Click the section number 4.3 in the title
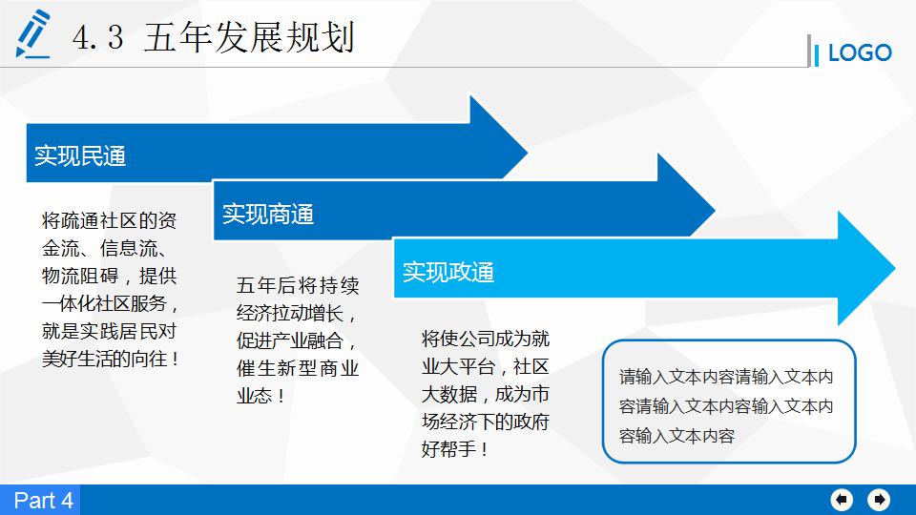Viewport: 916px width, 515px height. click(97, 38)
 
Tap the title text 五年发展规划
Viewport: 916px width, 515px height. click(249, 38)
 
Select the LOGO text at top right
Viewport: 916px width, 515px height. click(859, 53)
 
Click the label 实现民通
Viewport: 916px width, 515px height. click(80, 155)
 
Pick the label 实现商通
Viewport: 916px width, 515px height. click(268, 214)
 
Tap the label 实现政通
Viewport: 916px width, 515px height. click(448, 273)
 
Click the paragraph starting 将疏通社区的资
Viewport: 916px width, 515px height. click(111, 290)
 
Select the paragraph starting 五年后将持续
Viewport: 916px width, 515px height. click(298, 340)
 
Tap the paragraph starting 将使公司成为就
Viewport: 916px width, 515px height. click(485, 393)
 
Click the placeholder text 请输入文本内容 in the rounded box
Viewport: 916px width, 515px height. click(726, 406)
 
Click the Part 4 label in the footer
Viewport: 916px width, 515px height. click(43, 501)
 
